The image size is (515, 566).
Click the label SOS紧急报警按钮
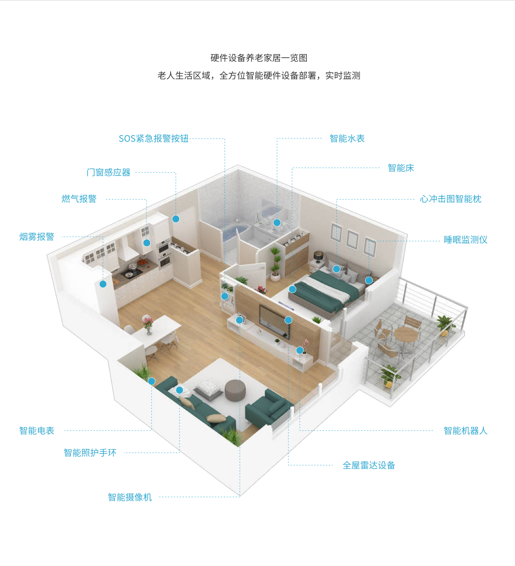pyautogui.click(x=153, y=138)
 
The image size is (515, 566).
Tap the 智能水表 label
pyautogui.click(x=347, y=138)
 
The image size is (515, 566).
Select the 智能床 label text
pyautogui.click(x=401, y=168)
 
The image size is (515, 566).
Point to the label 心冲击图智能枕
pyautogui.click(x=451, y=199)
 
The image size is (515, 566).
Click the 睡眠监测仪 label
pyautogui.click(x=465, y=240)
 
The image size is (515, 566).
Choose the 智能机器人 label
pyautogui.click(x=465, y=431)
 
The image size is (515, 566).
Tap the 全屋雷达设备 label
pyautogui.click(x=369, y=466)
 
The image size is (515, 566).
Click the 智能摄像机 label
pyautogui.click(x=129, y=497)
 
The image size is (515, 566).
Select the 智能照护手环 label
pyautogui.click(x=90, y=453)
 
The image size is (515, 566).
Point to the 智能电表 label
pyautogui.click(x=37, y=431)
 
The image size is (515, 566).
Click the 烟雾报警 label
pyautogui.click(x=37, y=237)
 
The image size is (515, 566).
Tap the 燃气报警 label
pyautogui.click(x=79, y=199)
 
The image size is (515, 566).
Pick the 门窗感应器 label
pyautogui.click(x=109, y=173)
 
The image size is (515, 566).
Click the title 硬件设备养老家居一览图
pyautogui.click(x=259, y=58)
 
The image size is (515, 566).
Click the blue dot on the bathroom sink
pyautogui.click(x=277, y=223)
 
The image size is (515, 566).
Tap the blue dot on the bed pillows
pyautogui.click(x=337, y=269)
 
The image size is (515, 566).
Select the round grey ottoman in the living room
pyautogui.click(x=235, y=390)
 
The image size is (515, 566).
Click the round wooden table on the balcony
pyautogui.click(x=406, y=335)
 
